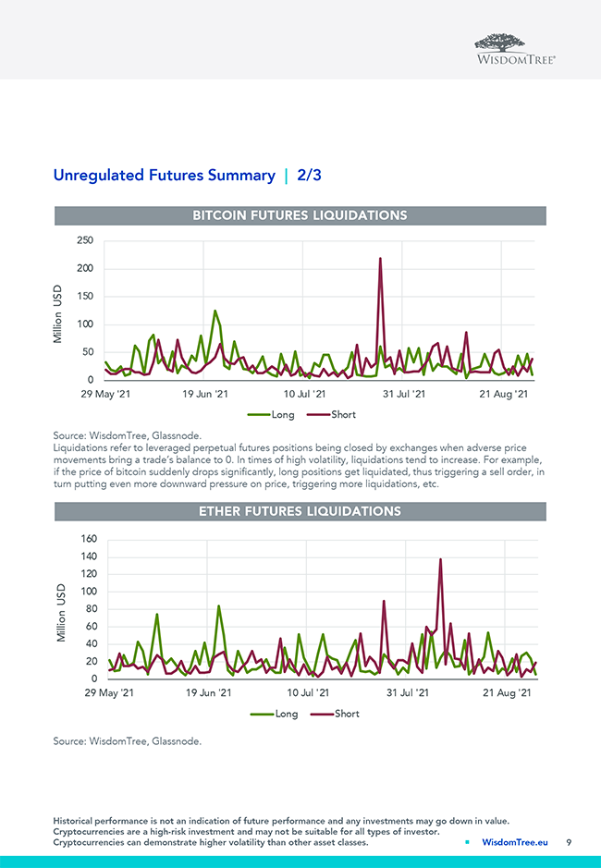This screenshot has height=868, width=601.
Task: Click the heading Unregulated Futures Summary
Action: coord(164,175)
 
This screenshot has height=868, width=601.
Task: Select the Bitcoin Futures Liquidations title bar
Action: coord(300,215)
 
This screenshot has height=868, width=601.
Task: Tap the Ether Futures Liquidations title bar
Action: coord(300,511)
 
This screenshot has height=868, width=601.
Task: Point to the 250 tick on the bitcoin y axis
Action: coord(84,240)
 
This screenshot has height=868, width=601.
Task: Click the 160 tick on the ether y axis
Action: coord(88,539)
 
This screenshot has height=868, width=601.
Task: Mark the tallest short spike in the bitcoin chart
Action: coord(380,260)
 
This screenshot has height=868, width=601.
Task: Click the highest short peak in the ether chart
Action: coord(440,559)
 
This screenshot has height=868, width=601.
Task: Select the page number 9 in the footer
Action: coord(569,842)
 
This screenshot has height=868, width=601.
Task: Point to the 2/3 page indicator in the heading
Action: coord(309,175)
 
